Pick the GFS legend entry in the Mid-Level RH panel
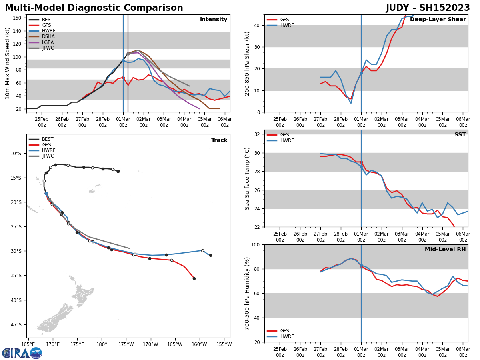tap(284, 331)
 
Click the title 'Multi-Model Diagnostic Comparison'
tap(94, 8)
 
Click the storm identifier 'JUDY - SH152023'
tap(428, 8)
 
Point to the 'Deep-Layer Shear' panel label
tap(438, 20)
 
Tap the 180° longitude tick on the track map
tap(102, 344)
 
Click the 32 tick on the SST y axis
tap(257, 134)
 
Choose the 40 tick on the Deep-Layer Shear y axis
tap(257, 26)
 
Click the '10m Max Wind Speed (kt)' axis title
tap(7, 63)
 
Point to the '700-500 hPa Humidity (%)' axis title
tap(248, 293)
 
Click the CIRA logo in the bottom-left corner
tap(22, 353)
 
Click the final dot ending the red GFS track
tap(194, 278)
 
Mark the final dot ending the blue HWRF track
tap(210, 255)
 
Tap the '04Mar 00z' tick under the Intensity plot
tap(184, 122)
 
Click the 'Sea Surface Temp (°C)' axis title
tap(248, 178)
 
